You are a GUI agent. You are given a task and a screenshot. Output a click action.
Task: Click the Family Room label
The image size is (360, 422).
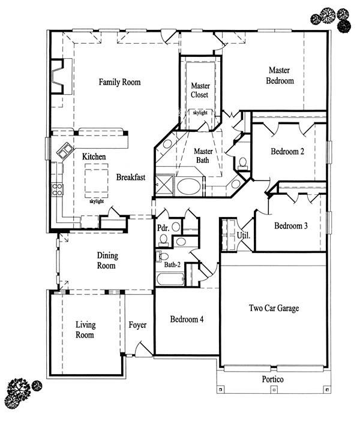click(x=119, y=82)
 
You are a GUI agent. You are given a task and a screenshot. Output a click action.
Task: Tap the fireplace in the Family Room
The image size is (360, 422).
click(x=58, y=76)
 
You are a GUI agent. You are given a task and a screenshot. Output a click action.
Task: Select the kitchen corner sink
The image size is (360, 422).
click(x=65, y=150)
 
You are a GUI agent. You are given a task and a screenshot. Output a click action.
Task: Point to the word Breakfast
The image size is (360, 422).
click(x=131, y=177)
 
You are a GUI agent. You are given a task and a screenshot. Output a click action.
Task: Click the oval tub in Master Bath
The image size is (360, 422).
click(x=188, y=186)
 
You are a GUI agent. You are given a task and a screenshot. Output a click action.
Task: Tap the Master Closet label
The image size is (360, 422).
click(x=200, y=90)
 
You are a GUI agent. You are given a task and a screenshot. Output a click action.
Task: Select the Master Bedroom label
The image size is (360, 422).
click(x=280, y=76)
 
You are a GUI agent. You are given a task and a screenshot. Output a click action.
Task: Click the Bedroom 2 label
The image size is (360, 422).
click(x=287, y=151)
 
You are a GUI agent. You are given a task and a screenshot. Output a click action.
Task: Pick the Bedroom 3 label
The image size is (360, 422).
click(x=291, y=225)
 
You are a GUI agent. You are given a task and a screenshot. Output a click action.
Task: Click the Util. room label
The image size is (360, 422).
click(x=244, y=235)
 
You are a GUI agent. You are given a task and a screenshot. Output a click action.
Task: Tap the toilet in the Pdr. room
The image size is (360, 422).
click(x=163, y=240)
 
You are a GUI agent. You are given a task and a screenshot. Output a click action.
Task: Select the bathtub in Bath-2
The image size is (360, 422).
click(x=170, y=279)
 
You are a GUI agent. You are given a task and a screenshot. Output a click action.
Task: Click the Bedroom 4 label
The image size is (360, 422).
click(x=187, y=319)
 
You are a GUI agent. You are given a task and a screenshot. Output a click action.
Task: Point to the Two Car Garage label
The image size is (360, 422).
click(x=274, y=308)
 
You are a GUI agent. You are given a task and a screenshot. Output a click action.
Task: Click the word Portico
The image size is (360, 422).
click(x=272, y=379)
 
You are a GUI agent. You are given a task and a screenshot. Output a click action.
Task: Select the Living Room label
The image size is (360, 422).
click(x=85, y=330)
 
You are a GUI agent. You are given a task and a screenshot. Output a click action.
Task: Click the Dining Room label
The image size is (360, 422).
click(x=107, y=260)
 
